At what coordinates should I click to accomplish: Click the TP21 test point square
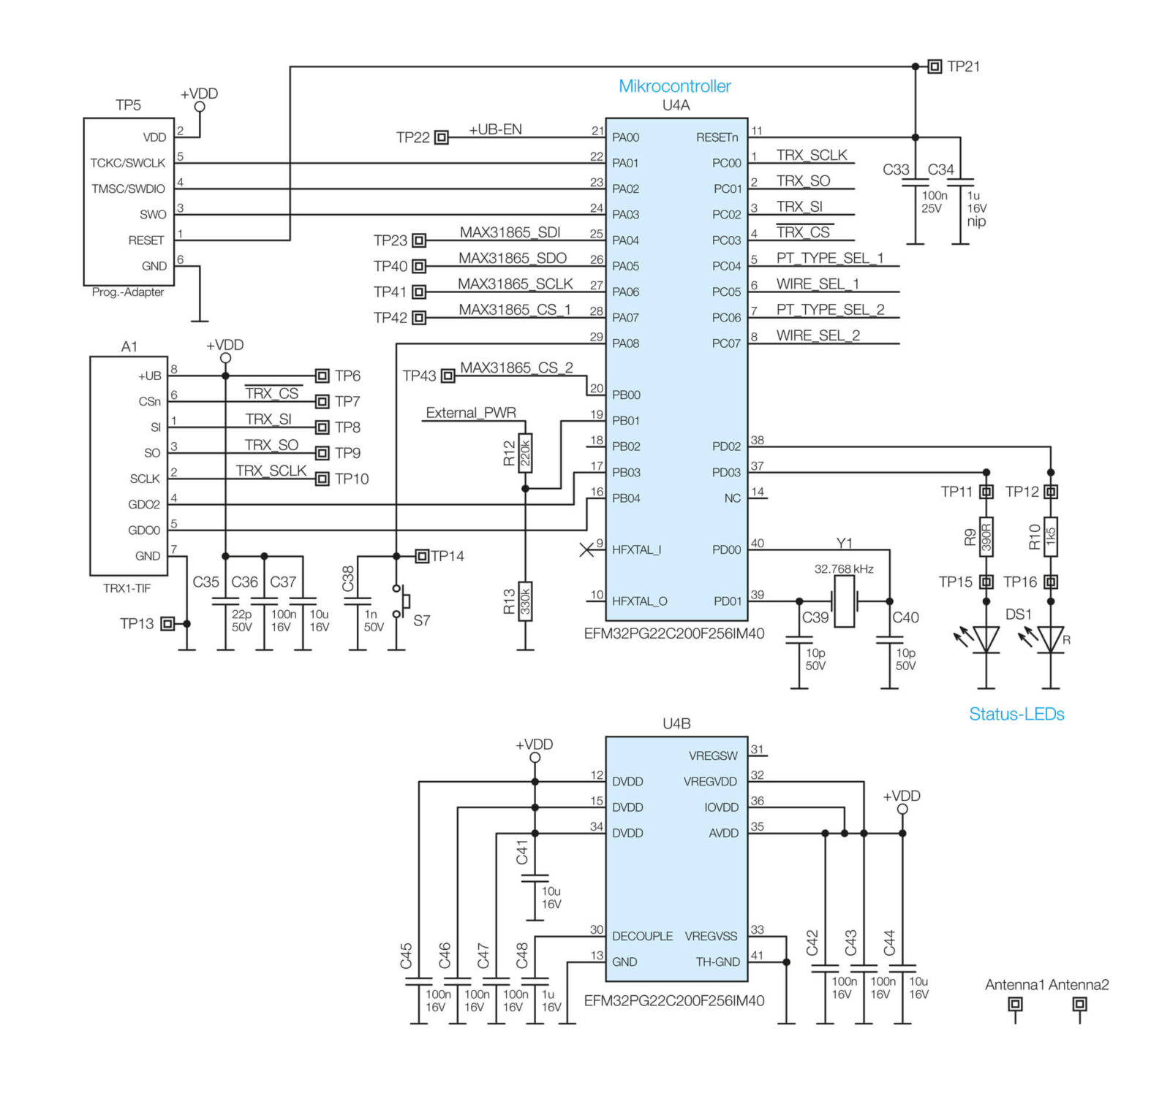(934, 66)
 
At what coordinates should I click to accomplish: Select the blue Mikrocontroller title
(674, 86)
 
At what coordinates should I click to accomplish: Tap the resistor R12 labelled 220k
(524, 454)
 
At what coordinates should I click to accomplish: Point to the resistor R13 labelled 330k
(524, 601)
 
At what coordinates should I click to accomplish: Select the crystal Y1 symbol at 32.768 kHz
(844, 601)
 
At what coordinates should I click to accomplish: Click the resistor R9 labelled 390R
(986, 537)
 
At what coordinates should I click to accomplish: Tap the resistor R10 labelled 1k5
(1050, 537)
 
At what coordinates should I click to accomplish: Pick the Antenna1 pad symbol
(1014, 1004)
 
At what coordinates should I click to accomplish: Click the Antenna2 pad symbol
(1079, 1004)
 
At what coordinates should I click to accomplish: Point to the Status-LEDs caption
(1016, 714)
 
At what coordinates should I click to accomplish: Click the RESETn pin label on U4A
(717, 137)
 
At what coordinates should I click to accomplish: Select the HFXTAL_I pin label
(636, 549)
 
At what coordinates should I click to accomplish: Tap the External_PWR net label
(470, 413)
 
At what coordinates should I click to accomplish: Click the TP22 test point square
(441, 137)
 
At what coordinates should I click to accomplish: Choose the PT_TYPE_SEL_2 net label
(830, 310)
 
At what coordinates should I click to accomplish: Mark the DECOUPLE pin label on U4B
(642, 936)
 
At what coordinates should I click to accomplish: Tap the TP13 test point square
(167, 623)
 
